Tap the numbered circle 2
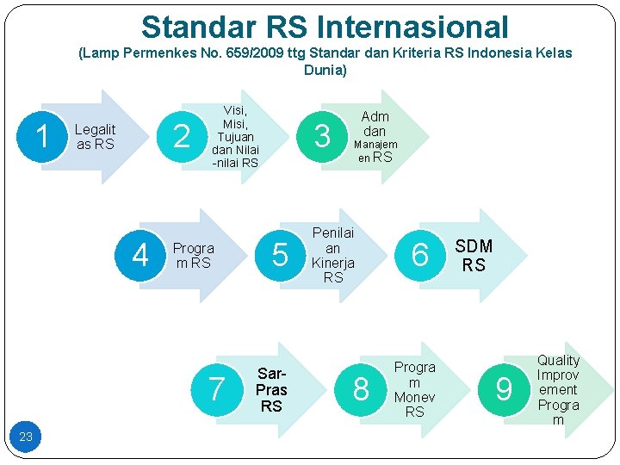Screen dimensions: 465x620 (182, 137)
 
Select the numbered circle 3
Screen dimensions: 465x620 (323, 137)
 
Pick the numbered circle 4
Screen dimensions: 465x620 (140, 256)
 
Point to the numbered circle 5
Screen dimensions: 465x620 (280, 256)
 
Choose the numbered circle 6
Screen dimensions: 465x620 (420, 256)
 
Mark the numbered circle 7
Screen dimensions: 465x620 (216, 390)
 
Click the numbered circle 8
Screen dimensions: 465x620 (362, 390)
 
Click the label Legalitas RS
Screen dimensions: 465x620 (95, 137)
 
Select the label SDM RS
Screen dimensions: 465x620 (474, 256)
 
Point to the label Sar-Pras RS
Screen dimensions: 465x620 (271, 390)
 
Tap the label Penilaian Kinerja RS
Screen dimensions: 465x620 (333, 255)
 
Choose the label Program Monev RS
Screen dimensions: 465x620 (415, 389)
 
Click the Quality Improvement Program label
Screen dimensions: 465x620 (558, 390)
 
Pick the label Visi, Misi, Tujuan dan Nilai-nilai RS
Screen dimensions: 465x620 (235, 137)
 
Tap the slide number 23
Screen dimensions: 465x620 (26, 437)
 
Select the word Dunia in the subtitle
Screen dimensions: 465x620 (325, 70)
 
